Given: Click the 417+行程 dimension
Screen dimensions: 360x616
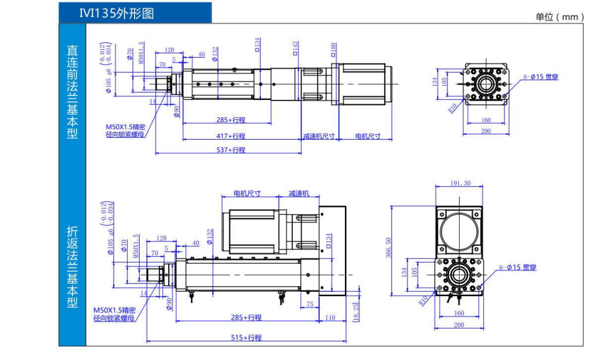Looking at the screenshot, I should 231,136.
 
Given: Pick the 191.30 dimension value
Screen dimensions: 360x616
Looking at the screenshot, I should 458,183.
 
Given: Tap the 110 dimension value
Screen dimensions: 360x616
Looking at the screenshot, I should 330,318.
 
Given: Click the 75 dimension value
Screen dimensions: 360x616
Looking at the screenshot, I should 310,304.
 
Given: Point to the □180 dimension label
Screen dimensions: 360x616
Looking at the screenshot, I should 334,48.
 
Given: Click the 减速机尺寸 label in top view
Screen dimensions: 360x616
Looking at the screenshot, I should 319,136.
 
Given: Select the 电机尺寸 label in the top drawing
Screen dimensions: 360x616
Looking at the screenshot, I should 367,136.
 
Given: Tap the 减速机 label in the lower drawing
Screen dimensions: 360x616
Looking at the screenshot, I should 298,194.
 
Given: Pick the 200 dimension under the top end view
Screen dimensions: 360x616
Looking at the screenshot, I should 486,131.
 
